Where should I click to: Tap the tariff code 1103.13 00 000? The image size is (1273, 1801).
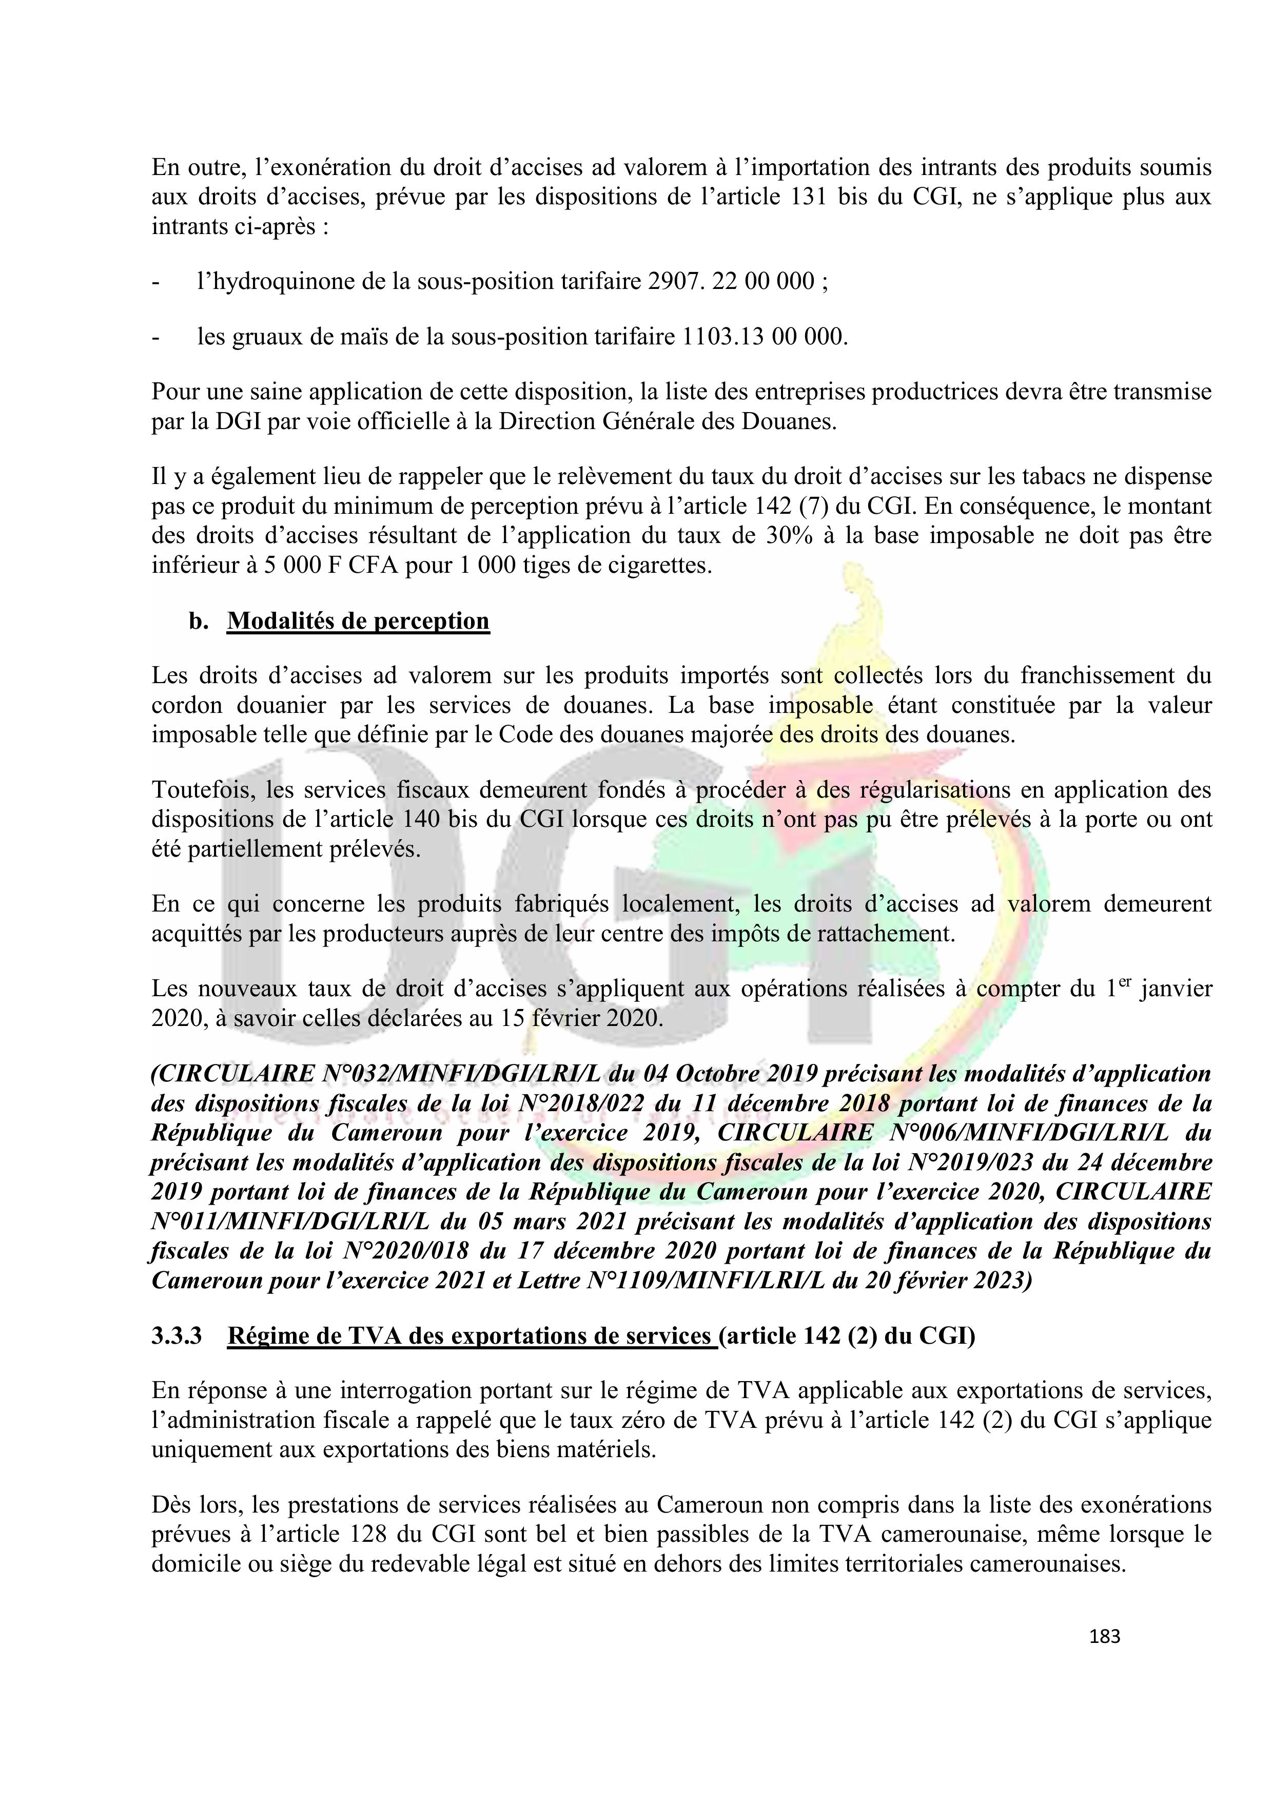pos(764,337)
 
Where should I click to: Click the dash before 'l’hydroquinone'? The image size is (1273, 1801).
pos(156,282)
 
